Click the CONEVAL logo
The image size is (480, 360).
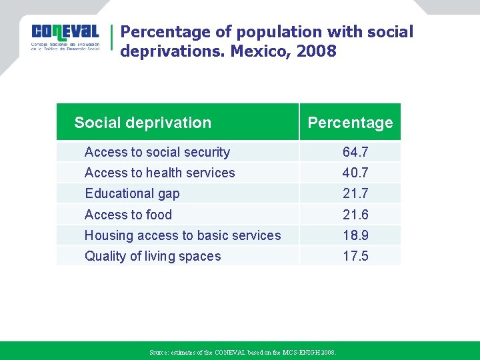pyautogui.click(x=65, y=39)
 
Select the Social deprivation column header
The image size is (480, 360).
pyautogui.click(x=143, y=123)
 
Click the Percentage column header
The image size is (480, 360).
pyautogui.click(x=350, y=123)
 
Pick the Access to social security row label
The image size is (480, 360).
pyautogui.click(x=157, y=152)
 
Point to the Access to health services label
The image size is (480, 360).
pyautogui.click(x=160, y=173)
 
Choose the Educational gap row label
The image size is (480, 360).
pyautogui.click(x=132, y=193)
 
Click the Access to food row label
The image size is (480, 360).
pyautogui.click(x=128, y=215)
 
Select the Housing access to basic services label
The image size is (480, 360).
pyautogui.click(x=183, y=235)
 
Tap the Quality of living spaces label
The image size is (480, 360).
pyautogui.click(x=153, y=256)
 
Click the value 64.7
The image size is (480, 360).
pyautogui.click(x=355, y=152)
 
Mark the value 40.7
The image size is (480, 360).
pyautogui.click(x=355, y=173)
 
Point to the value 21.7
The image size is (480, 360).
pyautogui.click(x=355, y=193)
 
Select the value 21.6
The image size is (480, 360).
pyautogui.click(x=355, y=215)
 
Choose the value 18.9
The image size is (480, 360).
pyautogui.click(x=355, y=235)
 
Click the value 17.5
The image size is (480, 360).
pyautogui.click(x=355, y=256)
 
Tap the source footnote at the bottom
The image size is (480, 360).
pyautogui.click(x=243, y=352)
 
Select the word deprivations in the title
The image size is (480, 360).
pyautogui.click(x=172, y=51)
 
